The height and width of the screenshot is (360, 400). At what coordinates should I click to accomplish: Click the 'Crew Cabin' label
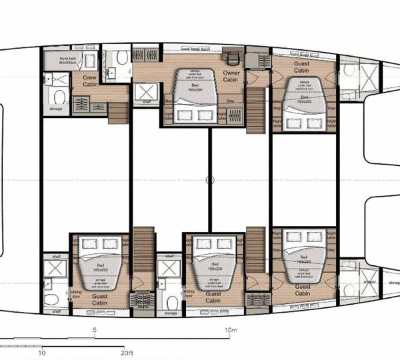pyautogui.click(x=90, y=81)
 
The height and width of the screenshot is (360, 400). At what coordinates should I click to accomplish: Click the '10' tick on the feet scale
pyautogui.click(x=43, y=353)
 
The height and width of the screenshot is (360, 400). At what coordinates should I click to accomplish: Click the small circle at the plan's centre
pyautogui.click(x=210, y=179)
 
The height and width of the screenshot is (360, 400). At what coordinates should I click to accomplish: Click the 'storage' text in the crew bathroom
pyautogui.click(x=55, y=108)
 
